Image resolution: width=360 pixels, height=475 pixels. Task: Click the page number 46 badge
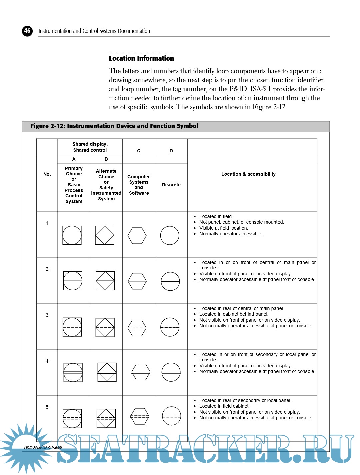point(27,31)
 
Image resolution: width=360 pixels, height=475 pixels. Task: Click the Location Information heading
point(141,58)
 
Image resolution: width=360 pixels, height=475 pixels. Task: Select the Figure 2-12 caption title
point(114,126)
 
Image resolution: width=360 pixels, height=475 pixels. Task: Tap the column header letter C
point(139,151)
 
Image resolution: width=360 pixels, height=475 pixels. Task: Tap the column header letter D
point(171,151)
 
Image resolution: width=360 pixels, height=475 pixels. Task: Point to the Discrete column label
point(171,185)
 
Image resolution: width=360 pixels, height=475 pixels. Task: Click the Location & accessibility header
point(248,174)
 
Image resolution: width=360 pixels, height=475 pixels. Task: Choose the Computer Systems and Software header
point(139,185)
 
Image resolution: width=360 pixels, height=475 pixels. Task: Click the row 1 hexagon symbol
point(137,236)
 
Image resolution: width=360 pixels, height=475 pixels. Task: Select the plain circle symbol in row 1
point(170,236)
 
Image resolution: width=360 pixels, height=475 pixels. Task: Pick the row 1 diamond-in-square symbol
point(105,235)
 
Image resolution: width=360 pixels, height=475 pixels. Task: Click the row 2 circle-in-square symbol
point(73,281)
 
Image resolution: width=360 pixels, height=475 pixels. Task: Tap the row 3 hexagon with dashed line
point(137,328)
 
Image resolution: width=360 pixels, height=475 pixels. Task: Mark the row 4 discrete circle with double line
point(171,372)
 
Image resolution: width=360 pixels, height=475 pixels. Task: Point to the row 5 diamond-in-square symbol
point(106,418)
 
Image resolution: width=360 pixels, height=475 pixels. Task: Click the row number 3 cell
point(47,315)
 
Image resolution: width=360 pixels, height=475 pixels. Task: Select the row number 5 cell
point(47,407)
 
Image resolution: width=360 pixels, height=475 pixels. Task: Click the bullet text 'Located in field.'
point(216,216)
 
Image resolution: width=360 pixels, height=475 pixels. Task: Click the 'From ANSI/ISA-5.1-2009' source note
point(43,447)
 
